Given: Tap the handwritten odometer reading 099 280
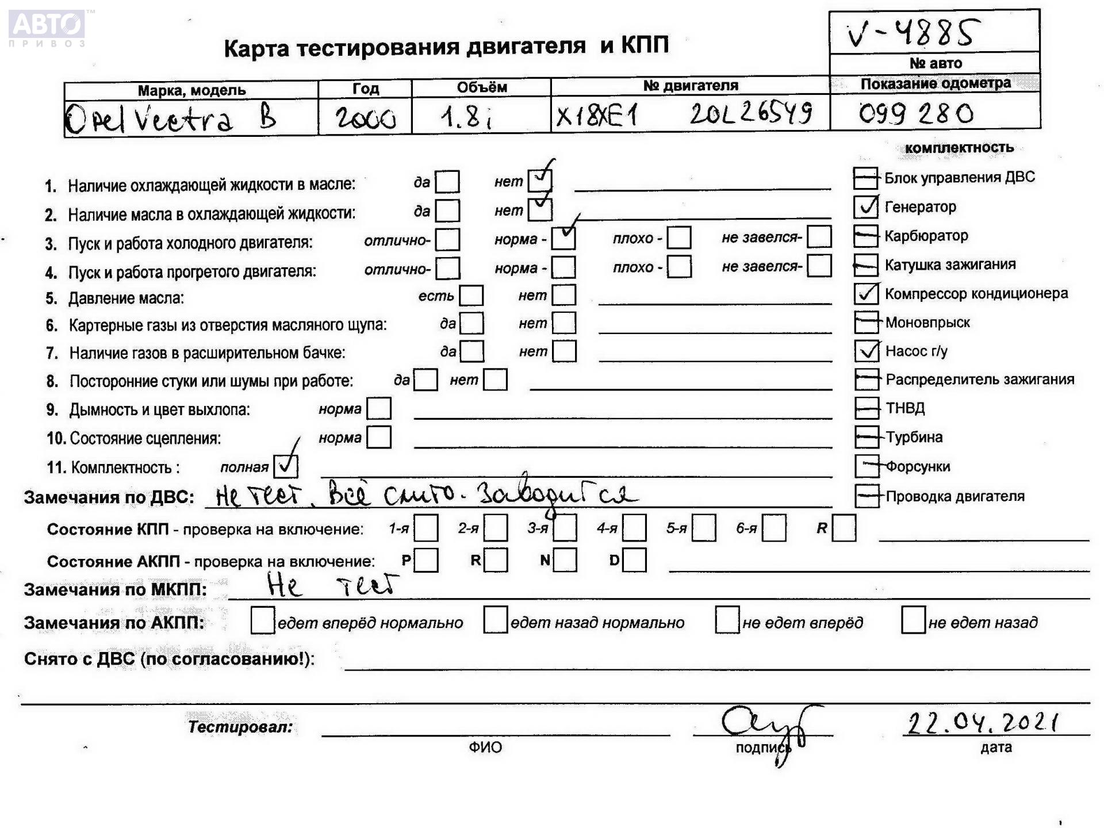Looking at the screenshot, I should pos(916,113).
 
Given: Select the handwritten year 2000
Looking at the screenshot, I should pos(366,118).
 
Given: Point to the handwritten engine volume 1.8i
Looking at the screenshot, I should pos(467,118).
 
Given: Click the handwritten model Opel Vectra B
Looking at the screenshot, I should pos(171,119).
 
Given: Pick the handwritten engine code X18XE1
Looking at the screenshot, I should pos(597,117).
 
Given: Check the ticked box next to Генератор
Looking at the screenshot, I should pos(866,207).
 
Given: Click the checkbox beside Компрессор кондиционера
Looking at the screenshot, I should pos(866,294).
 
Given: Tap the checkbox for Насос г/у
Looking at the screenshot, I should pos(867,351).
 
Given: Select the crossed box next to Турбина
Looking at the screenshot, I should pos(867,437).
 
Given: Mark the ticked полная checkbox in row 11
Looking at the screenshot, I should pos(286,466).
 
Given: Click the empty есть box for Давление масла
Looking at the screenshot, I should pos(471,296).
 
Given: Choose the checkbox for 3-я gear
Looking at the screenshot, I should pos(565,528).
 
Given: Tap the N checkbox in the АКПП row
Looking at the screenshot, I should pos(565,560).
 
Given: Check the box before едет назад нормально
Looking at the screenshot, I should pos(495,620).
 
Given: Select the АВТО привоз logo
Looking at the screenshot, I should pos(47,28).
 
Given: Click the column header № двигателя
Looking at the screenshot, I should pos(691,86).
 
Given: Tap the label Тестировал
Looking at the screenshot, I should pos(240,727).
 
